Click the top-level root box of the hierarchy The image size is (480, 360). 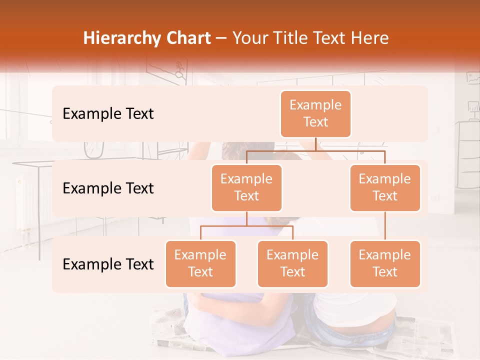click(x=315, y=113)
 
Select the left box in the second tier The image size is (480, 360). click(x=246, y=187)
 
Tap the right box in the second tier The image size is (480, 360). click(x=385, y=187)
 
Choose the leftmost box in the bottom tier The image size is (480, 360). click(x=200, y=263)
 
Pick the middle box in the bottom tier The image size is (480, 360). click(x=292, y=263)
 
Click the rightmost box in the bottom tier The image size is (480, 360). click(x=385, y=263)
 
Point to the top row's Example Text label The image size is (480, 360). click(x=108, y=113)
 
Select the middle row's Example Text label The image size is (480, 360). click(x=108, y=188)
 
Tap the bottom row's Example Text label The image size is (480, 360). click(x=108, y=264)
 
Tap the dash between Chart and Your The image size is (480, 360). click(x=221, y=38)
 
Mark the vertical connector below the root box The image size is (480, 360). click(x=315, y=144)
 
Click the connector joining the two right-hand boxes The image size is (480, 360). click(x=385, y=225)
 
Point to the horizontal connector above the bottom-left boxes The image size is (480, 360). click(x=246, y=226)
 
